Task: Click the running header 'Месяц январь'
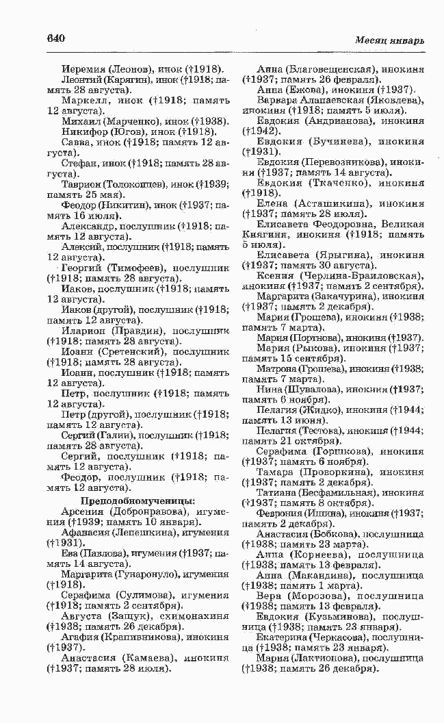tap(389, 40)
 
